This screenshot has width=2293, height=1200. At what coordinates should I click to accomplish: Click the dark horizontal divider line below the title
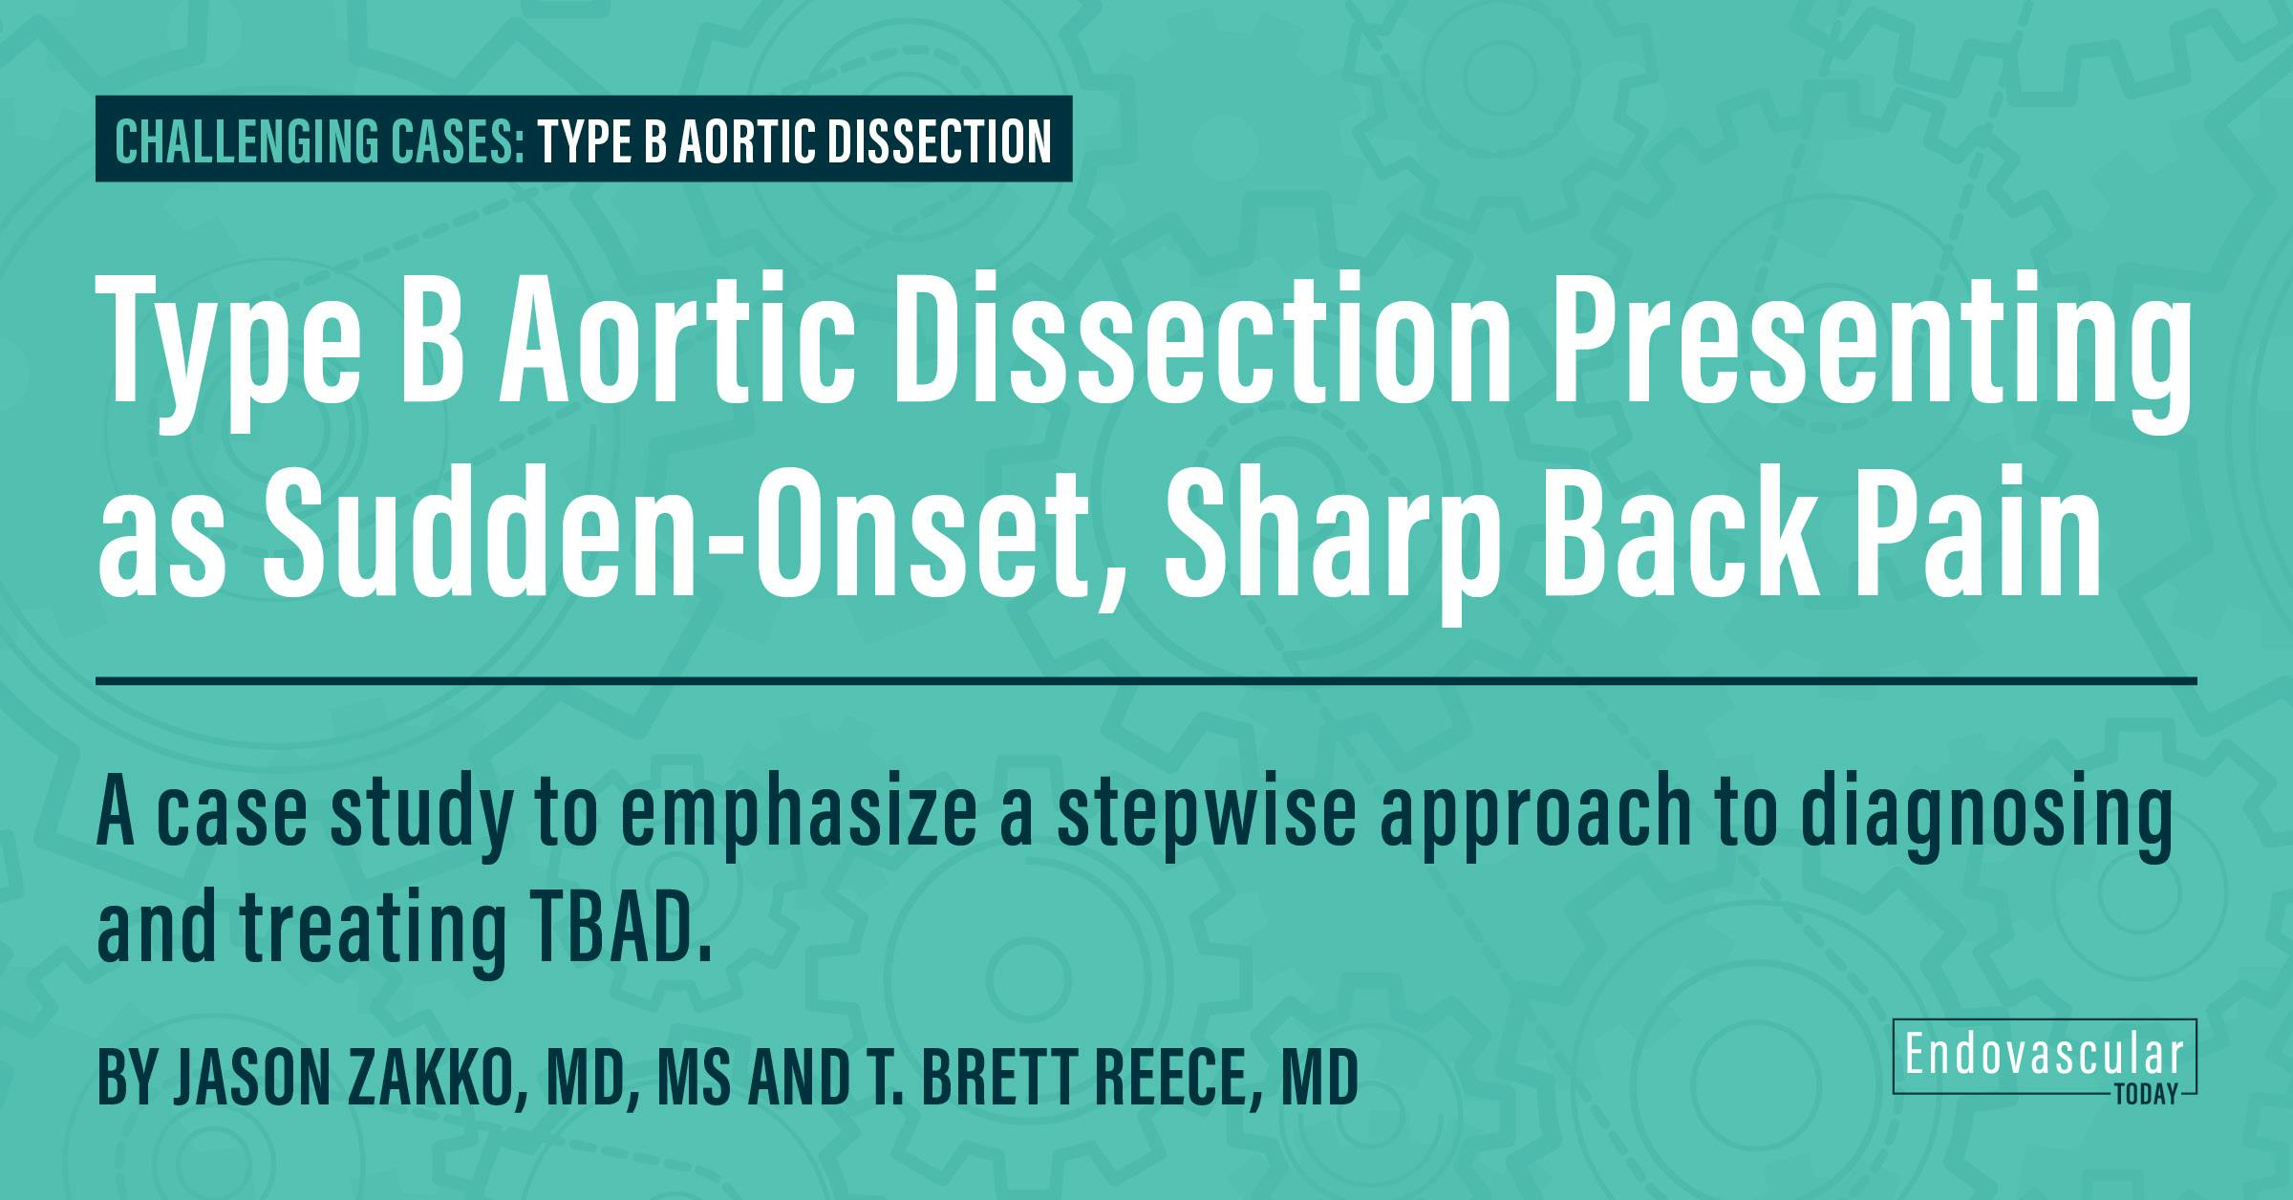[x=1146, y=681]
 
